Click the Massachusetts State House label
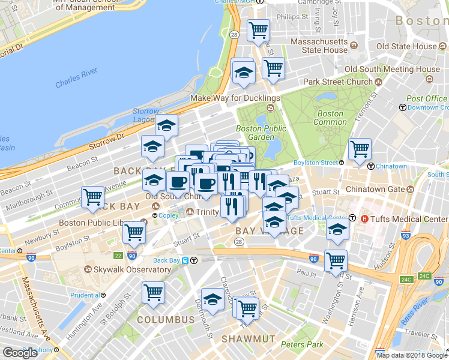click(x=319, y=46)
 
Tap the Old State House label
click(x=406, y=46)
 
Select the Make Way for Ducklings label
click(x=235, y=98)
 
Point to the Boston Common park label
click(x=330, y=118)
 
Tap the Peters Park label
click(x=302, y=344)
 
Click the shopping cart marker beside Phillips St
click(x=259, y=30)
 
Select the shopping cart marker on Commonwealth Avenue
click(x=93, y=197)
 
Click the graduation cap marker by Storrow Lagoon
click(x=166, y=125)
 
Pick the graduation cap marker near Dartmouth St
click(x=212, y=299)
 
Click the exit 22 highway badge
click(x=118, y=256)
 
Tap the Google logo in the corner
click(x=20, y=353)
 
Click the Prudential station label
click(x=85, y=295)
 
